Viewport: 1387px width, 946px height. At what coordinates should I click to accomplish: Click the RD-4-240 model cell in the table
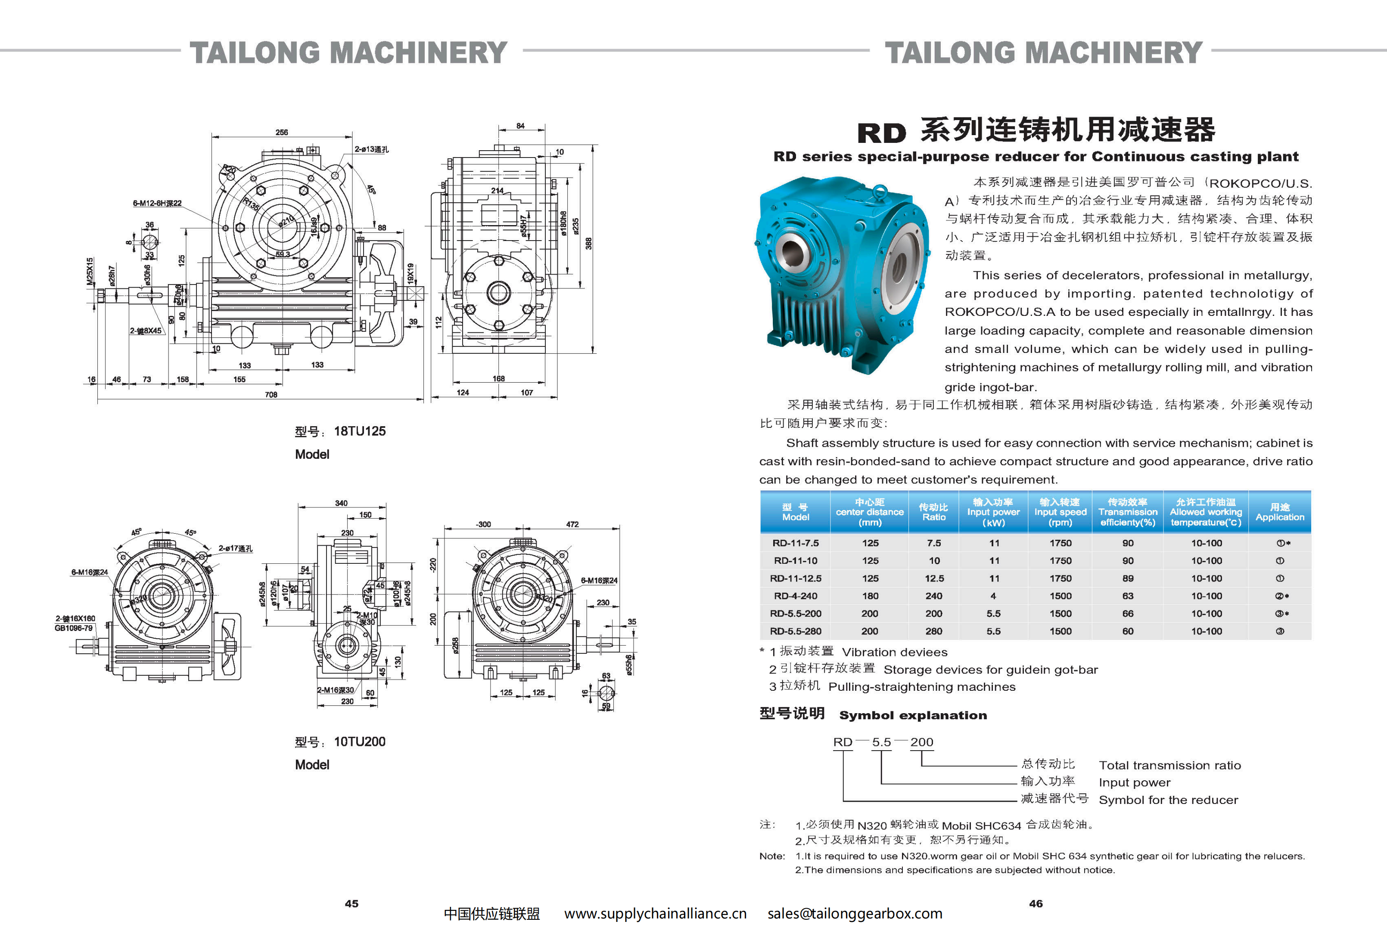(x=795, y=596)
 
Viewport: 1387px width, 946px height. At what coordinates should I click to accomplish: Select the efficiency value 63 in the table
(x=1127, y=596)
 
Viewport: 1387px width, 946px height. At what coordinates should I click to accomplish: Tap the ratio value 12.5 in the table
(x=933, y=578)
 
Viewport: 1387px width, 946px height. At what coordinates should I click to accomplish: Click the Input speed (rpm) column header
(x=1060, y=512)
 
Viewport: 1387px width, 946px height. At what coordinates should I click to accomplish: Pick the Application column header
(x=1280, y=512)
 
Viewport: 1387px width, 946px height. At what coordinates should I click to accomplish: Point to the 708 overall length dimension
(x=271, y=394)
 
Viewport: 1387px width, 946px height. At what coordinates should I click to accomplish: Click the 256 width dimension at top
(x=282, y=133)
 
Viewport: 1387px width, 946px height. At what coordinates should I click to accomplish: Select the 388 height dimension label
(x=588, y=243)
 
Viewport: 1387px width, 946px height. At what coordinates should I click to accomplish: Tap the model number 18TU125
(x=359, y=431)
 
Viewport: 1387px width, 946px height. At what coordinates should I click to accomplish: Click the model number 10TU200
(x=359, y=742)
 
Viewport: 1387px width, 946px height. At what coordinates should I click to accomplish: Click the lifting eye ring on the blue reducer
(x=879, y=192)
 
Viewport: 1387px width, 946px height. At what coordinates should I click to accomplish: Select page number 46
(x=1036, y=904)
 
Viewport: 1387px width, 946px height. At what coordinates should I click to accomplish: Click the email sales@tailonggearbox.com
(x=855, y=913)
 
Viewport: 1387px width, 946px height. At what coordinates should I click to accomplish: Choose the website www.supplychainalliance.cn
(x=655, y=913)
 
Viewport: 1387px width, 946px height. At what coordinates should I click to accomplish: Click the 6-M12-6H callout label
(x=157, y=204)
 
